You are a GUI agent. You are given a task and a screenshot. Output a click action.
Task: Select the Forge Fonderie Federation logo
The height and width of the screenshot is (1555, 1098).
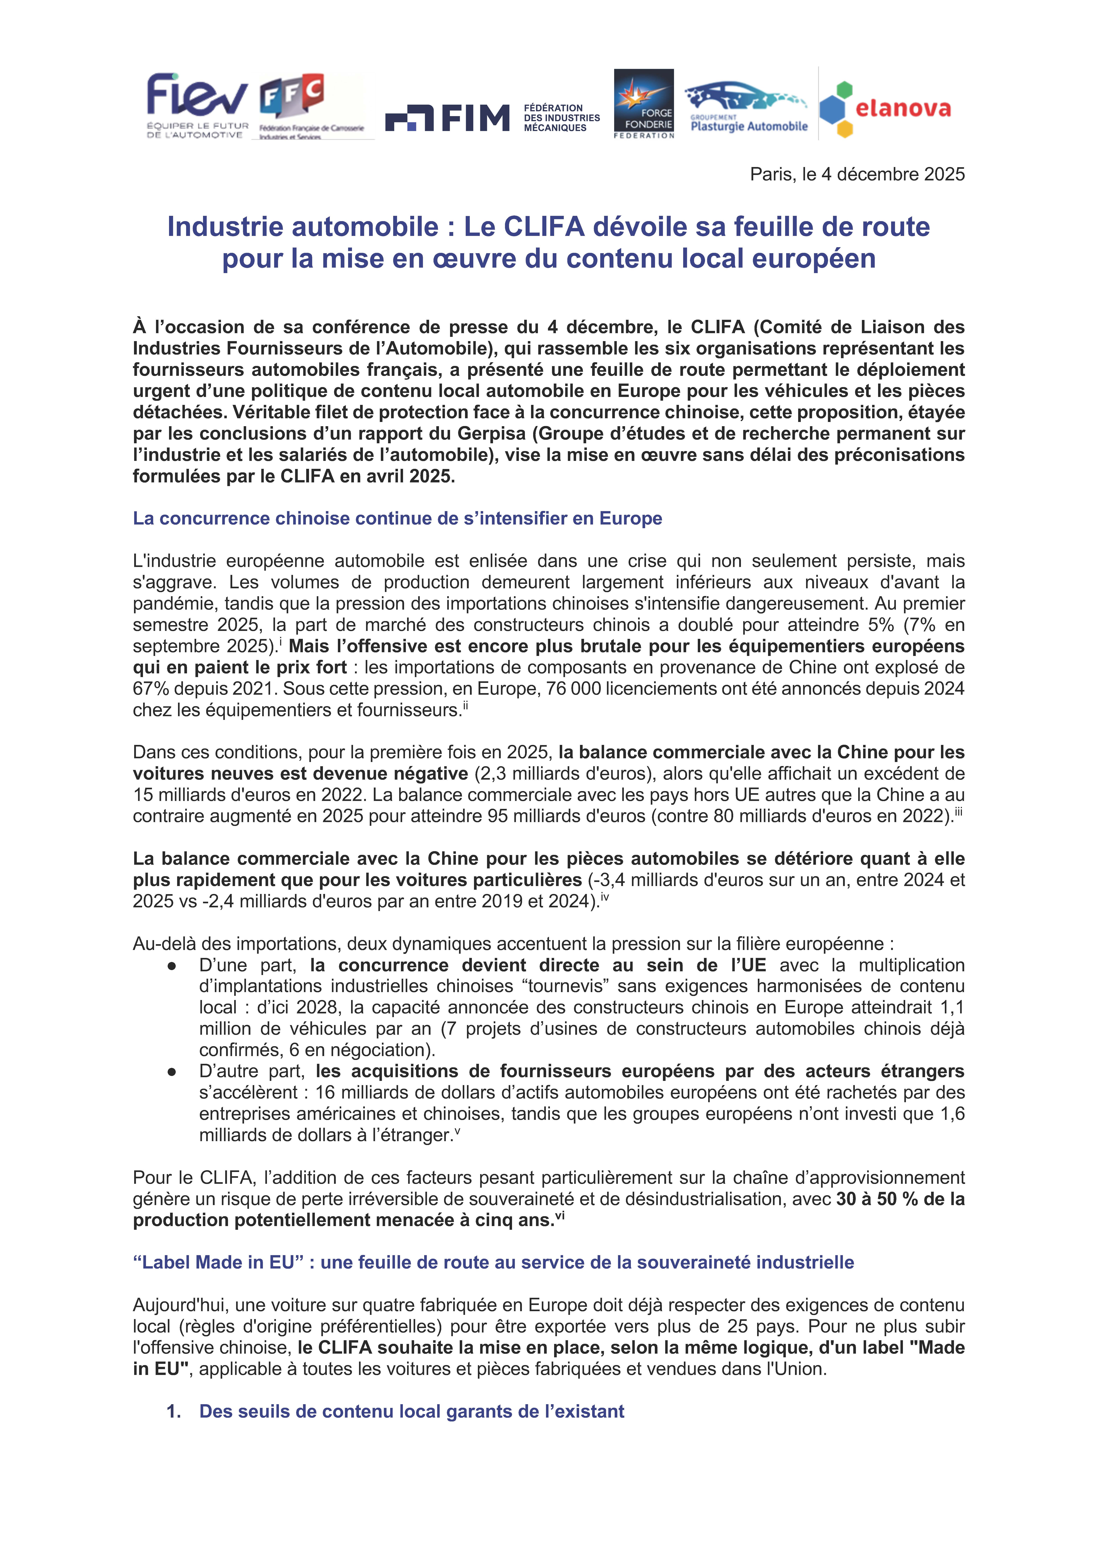click(x=643, y=104)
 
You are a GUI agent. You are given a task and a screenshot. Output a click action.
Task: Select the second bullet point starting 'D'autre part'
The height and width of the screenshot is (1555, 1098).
click(x=171, y=1071)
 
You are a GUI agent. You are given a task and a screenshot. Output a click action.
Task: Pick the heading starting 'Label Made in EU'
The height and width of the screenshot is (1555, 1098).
click(x=493, y=1262)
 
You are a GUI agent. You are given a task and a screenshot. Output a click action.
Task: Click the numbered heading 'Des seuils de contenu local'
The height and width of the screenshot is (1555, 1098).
click(x=412, y=1411)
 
